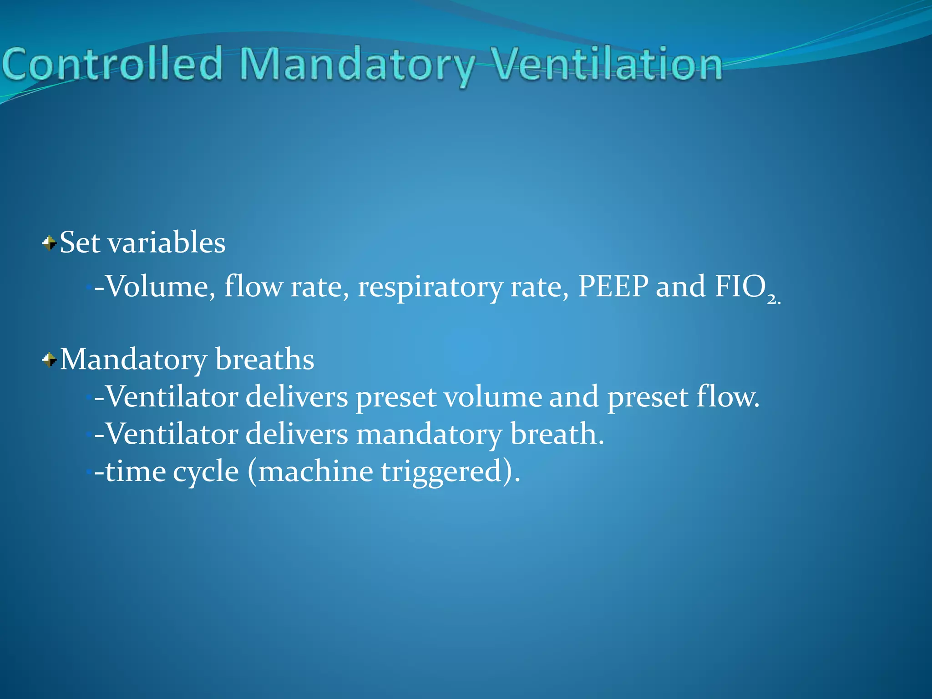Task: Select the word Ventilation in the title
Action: point(608,64)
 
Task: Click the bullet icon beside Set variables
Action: point(49,243)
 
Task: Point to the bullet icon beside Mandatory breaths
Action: point(49,360)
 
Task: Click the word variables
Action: point(166,242)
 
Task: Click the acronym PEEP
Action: point(613,286)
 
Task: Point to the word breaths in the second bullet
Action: point(264,360)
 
